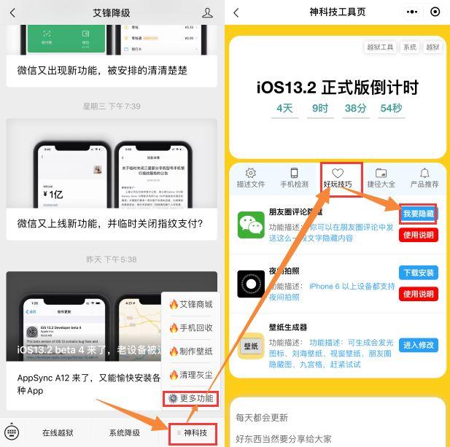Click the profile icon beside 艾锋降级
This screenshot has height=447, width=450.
tap(208, 12)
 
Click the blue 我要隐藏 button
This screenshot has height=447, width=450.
tap(419, 214)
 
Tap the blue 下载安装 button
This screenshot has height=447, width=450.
tap(419, 273)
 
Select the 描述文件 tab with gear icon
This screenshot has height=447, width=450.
tap(251, 178)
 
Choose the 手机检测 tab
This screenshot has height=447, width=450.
tap(294, 178)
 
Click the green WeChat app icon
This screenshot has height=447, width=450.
tap(251, 225)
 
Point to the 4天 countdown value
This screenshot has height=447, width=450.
tap(285, 109)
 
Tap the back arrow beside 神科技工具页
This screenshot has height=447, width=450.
tap(236, 12)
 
